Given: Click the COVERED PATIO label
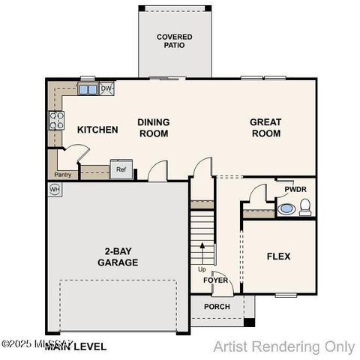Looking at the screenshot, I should (x=174, y=40).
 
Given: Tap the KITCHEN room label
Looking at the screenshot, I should (x=97, y=130).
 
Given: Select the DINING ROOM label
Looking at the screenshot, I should (x=153, y=127).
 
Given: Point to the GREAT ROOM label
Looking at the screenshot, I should (x=265, y=127).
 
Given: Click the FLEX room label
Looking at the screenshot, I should (x=278, y=256).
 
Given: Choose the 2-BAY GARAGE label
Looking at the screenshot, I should (x=118, y=257).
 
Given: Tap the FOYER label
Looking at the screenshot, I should (x=215, y=280).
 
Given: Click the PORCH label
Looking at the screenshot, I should (x=217, y=306).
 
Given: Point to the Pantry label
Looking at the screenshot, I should (x=62, y=175).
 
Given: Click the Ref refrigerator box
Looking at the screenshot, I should (x=121, y=170).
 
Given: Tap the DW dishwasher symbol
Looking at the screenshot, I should (x=106, y=89).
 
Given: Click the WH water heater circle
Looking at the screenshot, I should (x=55, y=190).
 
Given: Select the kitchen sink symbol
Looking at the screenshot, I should (x=88, y=90).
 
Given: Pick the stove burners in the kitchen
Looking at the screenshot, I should (x=56, y=120).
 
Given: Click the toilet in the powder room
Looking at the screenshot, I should (x=305, y=208).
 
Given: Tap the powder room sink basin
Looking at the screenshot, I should (x=286, y=208).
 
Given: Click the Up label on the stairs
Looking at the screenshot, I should (x=202, y=269).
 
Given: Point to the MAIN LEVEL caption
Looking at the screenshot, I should (x=75, y=347).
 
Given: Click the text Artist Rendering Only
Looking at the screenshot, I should (x=283, y=346).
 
